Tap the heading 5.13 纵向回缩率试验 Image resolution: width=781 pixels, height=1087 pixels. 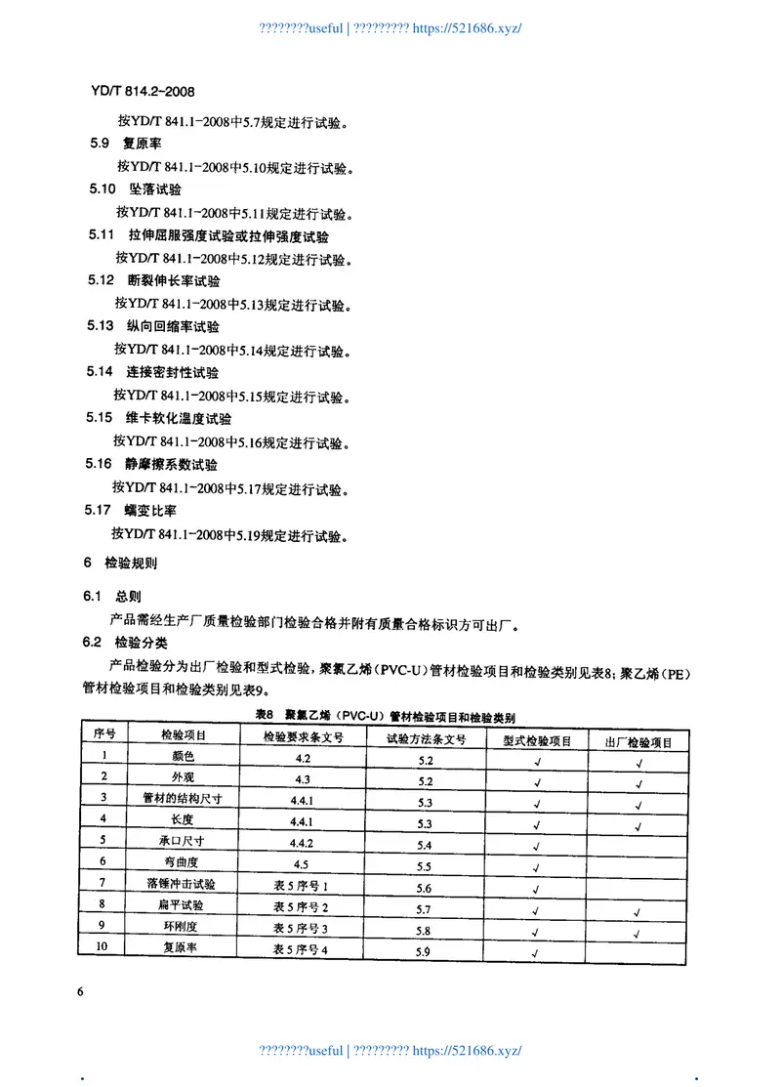pyautogui.click(x=152, y=326)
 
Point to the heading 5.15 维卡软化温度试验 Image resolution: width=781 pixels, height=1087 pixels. pyautogui.click(x=159, y=418)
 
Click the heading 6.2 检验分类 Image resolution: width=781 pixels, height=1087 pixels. pyautogui.click(x=126, y=642)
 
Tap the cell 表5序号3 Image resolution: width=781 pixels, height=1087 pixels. pyautogui.click(x=302, y=929)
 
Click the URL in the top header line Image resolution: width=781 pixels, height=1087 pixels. pyautogui.click(x=468, y=27)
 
